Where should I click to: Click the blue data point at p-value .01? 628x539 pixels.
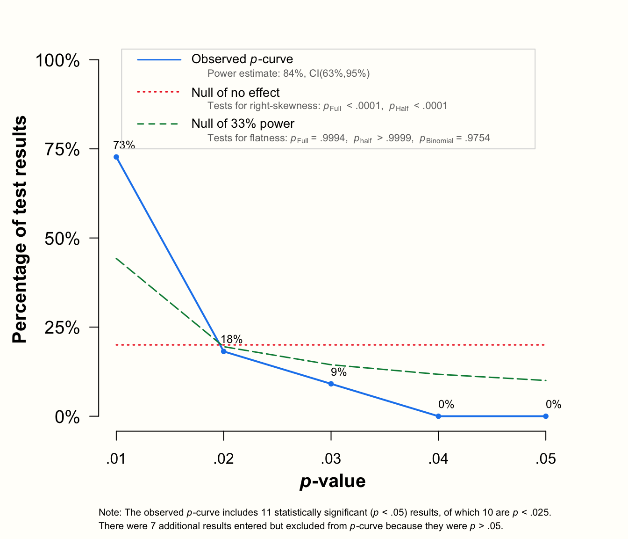click(x=116, y=157)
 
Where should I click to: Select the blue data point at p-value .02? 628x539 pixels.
click(x=224, y=351)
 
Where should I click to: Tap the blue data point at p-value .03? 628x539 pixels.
click(x=331, y=384)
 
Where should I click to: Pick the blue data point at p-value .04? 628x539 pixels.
click(x=438, y=416)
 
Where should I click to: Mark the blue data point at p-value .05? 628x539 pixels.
click(x=546, y=416)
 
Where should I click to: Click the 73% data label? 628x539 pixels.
click(x=124, y=145)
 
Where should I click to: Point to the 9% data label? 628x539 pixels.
click(x=339, y=372)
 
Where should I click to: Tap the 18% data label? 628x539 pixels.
click(x=231, y=339)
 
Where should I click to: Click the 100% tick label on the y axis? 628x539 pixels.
click(x=58, y=60)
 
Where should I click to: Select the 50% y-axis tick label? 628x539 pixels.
click(x=63, y=239)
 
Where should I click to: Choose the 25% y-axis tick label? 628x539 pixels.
click(x=63, y=328)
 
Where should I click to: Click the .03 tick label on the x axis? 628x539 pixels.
click(x=331, y=459)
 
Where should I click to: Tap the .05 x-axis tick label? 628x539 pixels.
click(x=546, y=459)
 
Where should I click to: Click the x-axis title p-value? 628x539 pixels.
click(x=332, y=481)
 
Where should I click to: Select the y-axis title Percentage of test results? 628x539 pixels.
click(x=20, y=229)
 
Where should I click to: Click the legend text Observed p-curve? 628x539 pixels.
click(x=242, y=59)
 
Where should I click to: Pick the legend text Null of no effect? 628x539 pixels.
click(x=235, y=93)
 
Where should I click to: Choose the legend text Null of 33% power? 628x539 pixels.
click(x=243, y=124)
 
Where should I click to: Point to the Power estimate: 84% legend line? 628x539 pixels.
click(x=288, y=73)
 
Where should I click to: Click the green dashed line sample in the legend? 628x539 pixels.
click(x=158, y=124)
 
